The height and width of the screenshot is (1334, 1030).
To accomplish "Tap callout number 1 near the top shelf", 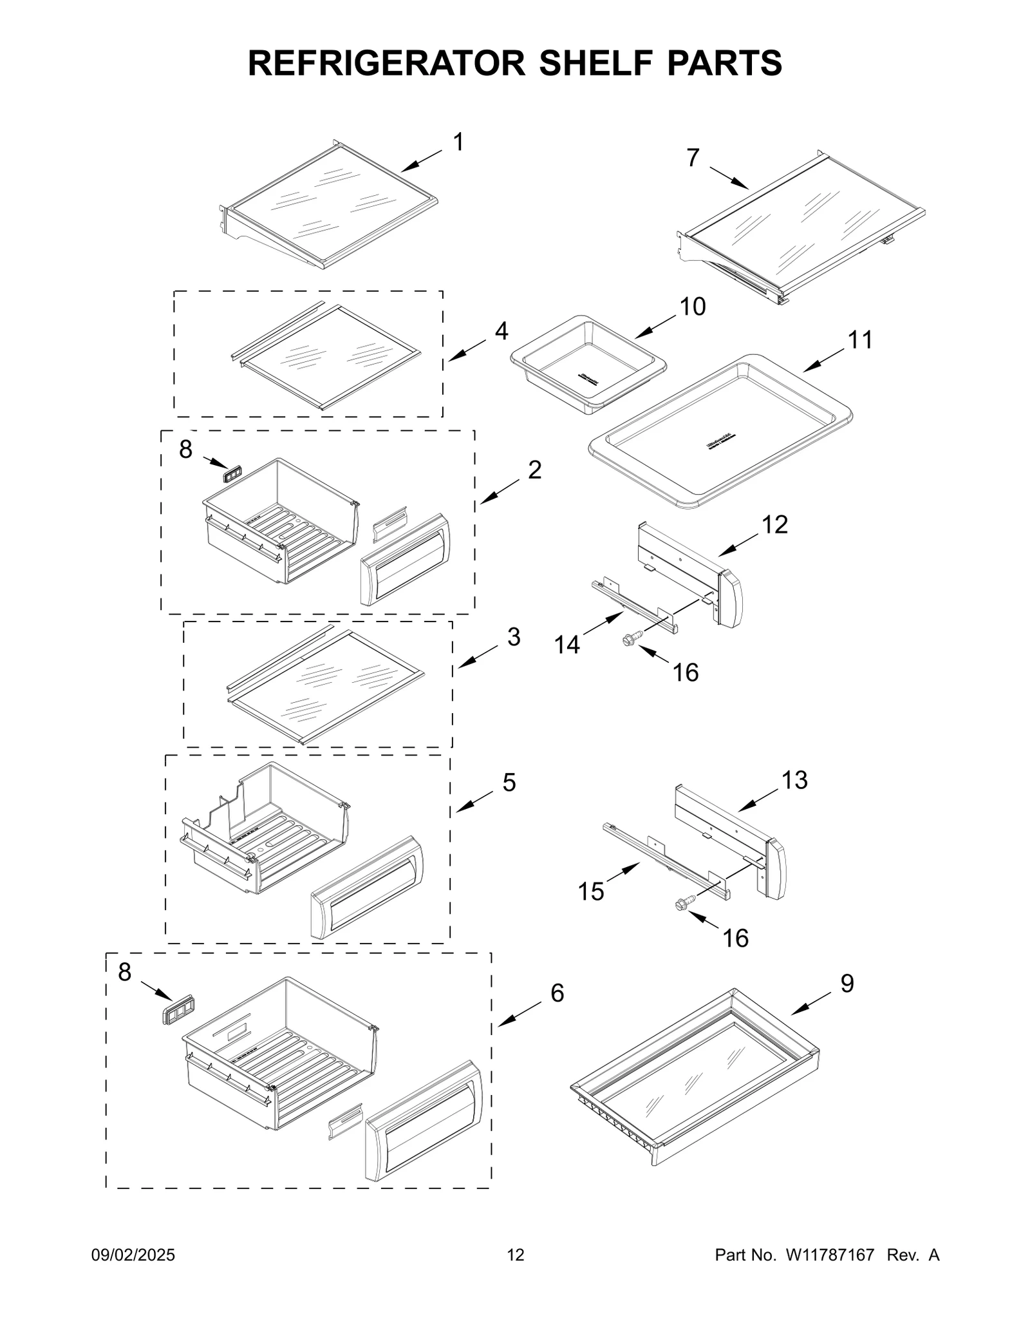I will point(458,142).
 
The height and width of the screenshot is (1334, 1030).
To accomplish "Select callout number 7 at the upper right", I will point(692,158).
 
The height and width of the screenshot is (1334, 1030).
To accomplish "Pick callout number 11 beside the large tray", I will point(859,339).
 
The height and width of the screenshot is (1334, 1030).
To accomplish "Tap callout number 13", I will point(794,780).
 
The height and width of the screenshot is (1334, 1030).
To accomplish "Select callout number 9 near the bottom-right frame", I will point(847,983).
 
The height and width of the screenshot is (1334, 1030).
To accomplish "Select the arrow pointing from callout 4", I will point(467,348).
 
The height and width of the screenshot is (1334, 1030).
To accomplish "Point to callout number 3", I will point(513,637).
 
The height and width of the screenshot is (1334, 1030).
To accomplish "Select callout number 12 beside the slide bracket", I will point(774,524).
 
